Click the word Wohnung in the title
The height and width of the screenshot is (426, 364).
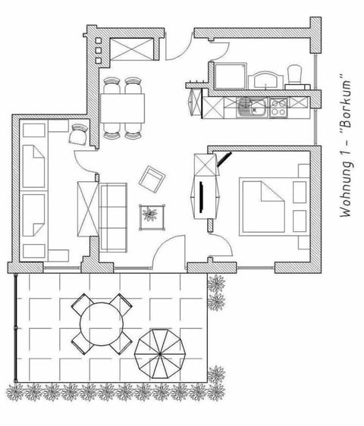click(x=347, y=190)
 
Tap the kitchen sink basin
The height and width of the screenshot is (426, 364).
click(x=248, y=108)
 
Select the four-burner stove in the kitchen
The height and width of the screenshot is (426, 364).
click(x=278, y=108)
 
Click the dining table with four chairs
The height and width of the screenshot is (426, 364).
click(x=123, y=108)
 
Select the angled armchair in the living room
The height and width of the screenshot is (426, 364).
click(x=152, y=179)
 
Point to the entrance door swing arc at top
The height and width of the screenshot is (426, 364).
click(x=177, y=50)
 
